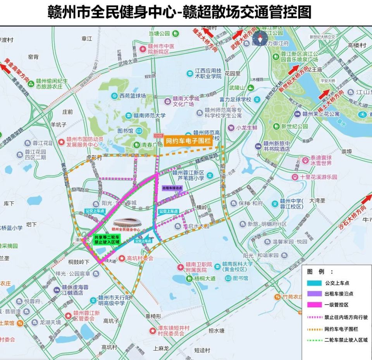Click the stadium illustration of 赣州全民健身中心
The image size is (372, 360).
point(127,223)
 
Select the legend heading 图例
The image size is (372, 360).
point(320,272)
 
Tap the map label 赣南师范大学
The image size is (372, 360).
point(151,115)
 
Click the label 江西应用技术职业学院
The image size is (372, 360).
point(208,74)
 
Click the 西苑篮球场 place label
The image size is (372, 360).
point(133,96)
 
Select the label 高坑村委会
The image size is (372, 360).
point(140,258)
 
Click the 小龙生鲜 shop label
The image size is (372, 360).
point(247,127)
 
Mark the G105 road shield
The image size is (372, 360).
point(158,136)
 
